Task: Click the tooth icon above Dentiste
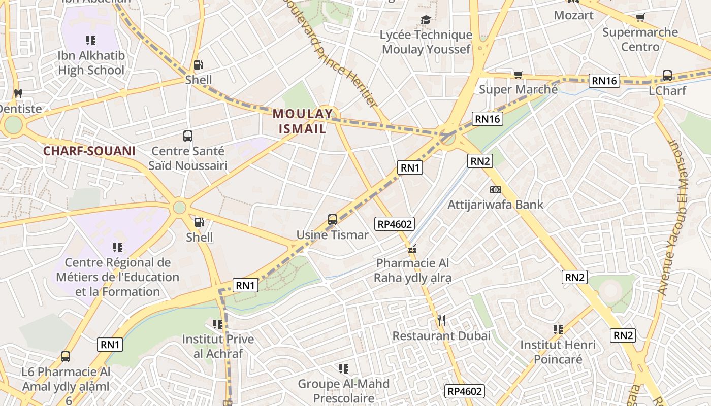18,93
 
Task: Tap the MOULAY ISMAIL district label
303,121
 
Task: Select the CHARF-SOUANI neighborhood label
89,151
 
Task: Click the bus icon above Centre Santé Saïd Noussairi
188,136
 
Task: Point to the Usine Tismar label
333,235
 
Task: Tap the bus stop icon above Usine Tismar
333,220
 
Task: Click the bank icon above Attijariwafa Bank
495,190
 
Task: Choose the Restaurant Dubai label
441,335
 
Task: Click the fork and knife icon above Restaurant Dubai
441,320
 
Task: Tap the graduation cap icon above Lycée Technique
426,20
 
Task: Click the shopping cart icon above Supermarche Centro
640,18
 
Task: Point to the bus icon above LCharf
667,76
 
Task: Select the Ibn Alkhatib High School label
91,62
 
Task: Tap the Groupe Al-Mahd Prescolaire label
344,391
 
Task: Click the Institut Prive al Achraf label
218,346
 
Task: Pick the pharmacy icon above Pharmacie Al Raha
412,249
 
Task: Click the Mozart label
573,15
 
